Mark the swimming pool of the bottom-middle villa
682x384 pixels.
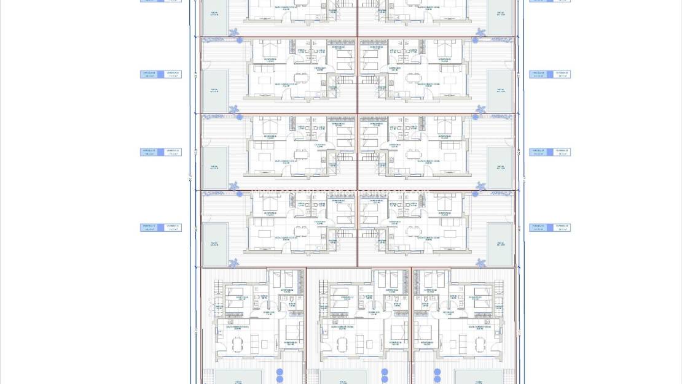pos(343,377)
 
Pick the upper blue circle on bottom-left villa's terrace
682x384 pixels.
pos(280,372)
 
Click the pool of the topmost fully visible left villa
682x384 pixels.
pos(215,90)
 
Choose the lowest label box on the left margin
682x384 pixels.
pos(161,228)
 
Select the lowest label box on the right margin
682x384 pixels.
pos(550,228)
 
